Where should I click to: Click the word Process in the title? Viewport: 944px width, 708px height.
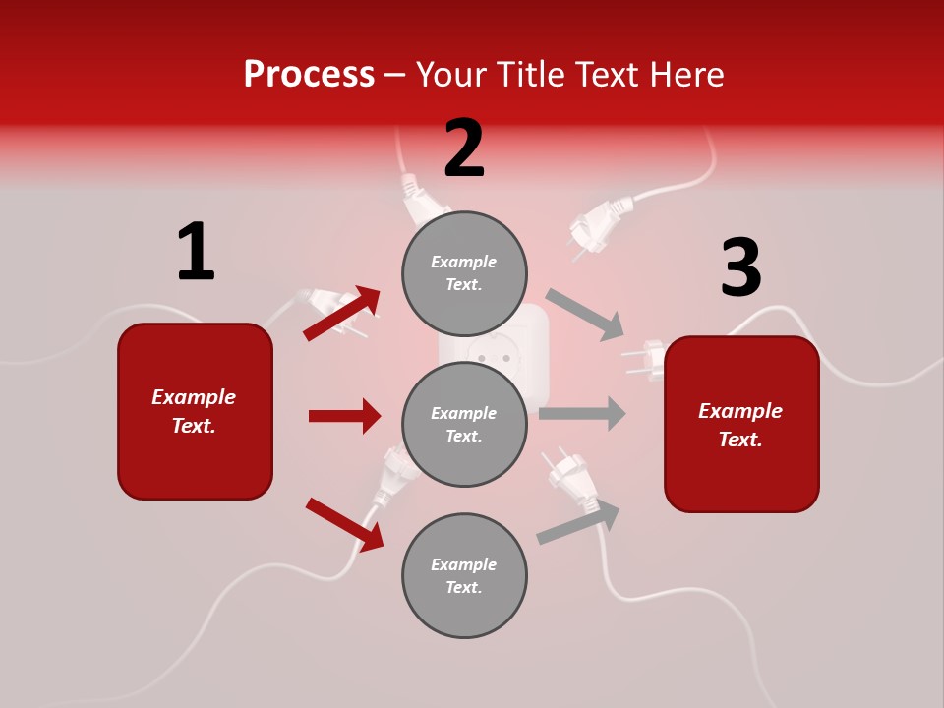(309, 74)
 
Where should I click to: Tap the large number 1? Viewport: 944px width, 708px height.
(195, 252)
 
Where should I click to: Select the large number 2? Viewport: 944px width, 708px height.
(464, 149)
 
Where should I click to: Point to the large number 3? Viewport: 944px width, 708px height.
(740, 268)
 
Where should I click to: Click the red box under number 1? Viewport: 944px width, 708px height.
(195, 411)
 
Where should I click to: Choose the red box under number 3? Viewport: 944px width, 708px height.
(741, 424)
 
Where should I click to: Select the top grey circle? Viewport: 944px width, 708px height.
(464, 273)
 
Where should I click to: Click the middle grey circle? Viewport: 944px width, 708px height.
(464, 424)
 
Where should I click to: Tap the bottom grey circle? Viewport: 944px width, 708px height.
(464, 575)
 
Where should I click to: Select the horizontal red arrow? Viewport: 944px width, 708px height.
(344, 416)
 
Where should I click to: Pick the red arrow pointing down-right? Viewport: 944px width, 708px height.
(344, 523)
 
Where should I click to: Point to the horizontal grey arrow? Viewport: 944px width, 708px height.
(582, 413)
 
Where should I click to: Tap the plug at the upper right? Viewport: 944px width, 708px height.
(596, 224)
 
